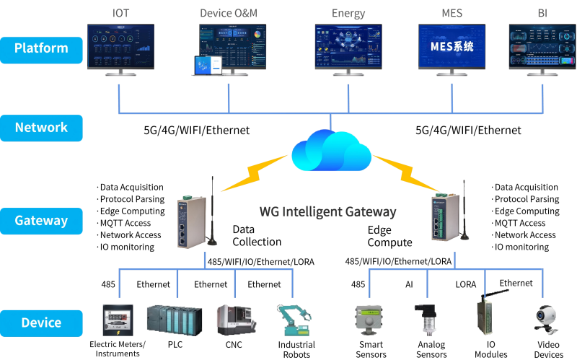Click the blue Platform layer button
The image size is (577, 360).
click(x=41, y=48)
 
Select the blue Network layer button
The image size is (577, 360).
click(x=41, y=128)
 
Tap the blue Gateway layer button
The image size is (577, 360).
click(x=41, y=221)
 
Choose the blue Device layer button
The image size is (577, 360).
click(x=41, y=322)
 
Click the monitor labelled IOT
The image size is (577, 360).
click(x=121, y=45)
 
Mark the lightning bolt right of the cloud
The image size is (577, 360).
click(x=406, y=172)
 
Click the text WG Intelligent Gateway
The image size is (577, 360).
click(x=327, y=212)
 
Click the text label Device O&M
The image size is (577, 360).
click(x=228, y=13)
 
